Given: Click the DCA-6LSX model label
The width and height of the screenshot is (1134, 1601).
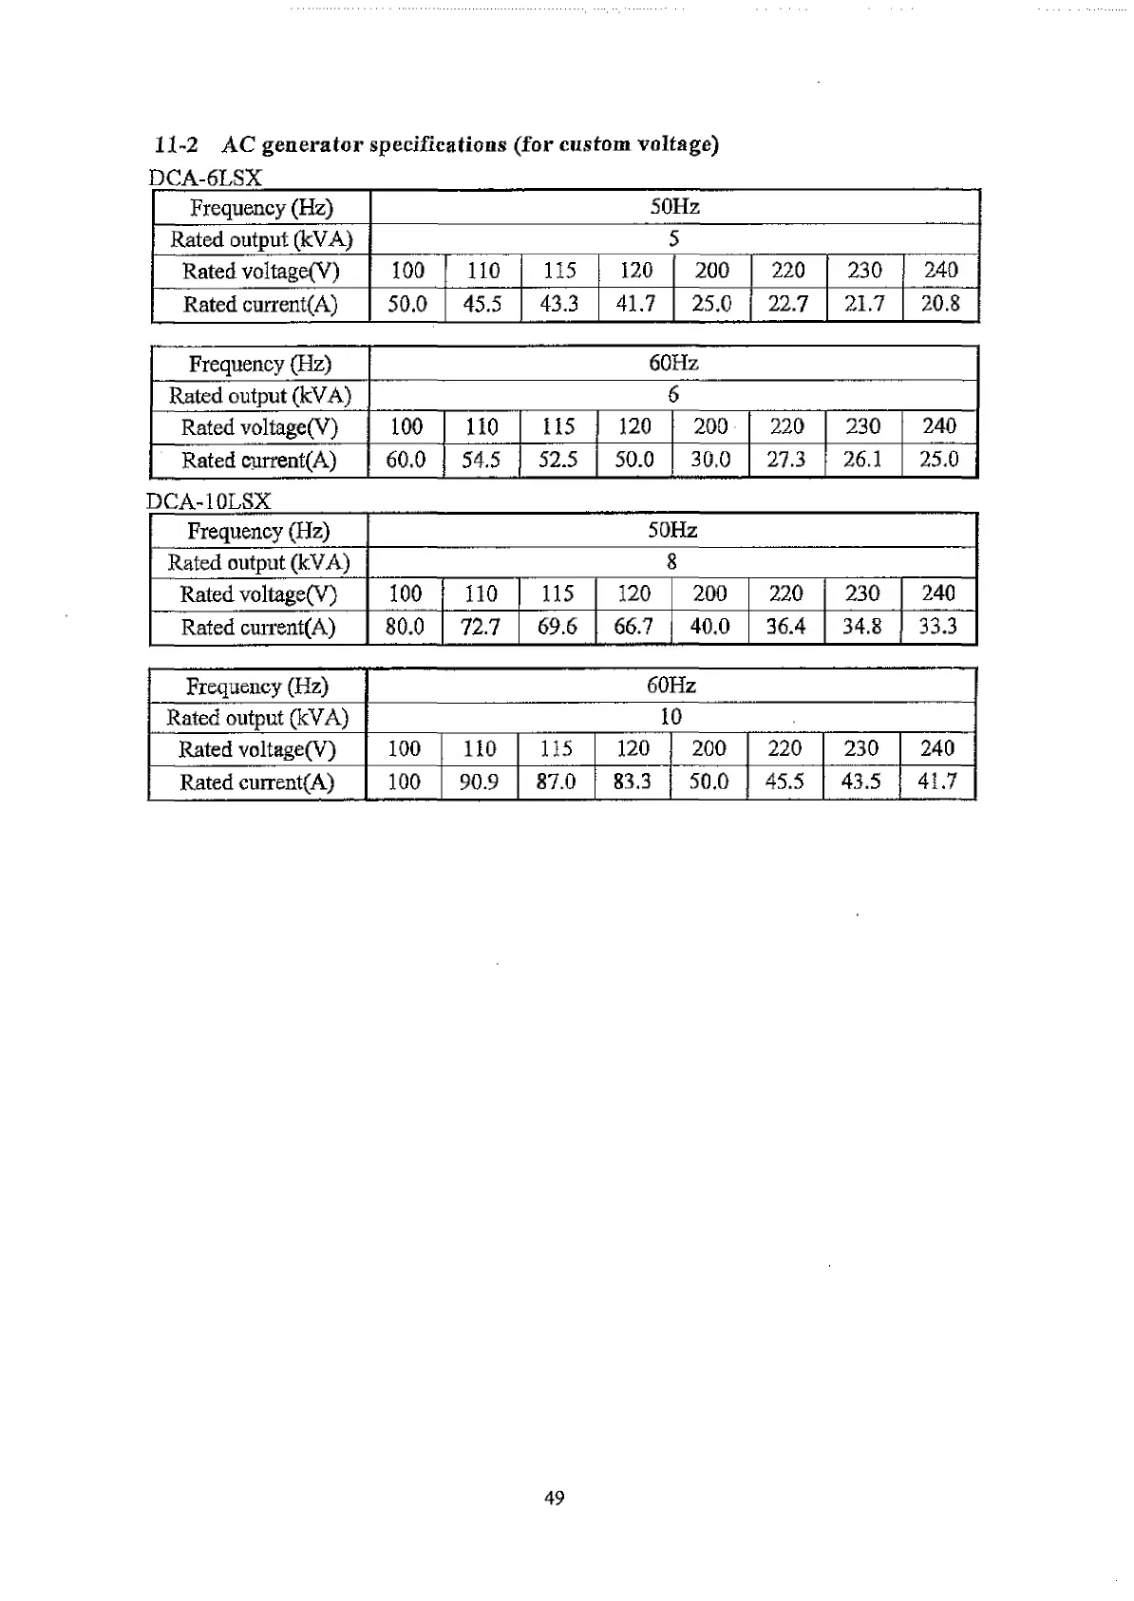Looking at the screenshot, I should [x=205, y=178].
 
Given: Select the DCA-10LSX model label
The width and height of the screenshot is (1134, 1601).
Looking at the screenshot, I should [x=210, y=500].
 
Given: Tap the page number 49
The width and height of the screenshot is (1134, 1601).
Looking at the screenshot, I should [x=555, y=1497].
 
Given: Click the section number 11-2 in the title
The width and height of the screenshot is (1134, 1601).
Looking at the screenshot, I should [x=178, y=145].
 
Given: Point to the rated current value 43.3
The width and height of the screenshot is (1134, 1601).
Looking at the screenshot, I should [x=559, y=305].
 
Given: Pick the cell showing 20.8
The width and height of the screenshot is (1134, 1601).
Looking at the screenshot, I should [x=940, y=304].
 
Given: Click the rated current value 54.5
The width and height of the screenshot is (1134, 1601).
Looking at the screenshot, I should [x=482, y=461].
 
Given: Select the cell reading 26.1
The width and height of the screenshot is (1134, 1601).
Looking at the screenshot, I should [x=862, y=460].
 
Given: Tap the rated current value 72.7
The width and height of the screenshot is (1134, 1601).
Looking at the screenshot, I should [x=481, y=627].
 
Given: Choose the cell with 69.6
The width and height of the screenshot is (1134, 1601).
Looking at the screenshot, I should [x=558, y=627].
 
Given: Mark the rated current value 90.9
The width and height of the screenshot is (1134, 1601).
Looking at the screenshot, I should [x=479, y=782].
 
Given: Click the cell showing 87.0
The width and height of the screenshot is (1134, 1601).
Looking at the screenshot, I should [x=557, y=782].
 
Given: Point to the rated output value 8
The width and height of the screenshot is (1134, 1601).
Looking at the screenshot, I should [x=672, y=562].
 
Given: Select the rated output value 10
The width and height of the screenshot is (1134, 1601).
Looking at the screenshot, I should [x=671, y=717].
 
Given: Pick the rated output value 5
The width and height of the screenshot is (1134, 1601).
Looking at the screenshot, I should [x=673, y=238].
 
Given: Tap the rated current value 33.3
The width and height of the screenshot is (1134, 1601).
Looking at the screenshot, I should [x=937, y=627].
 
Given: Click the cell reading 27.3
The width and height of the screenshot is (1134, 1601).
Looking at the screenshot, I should [x=785, y=460].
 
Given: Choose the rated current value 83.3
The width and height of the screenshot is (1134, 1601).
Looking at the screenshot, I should [x=633, y=782].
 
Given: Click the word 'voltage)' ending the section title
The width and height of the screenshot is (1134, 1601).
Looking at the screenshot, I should [x=678, y=145].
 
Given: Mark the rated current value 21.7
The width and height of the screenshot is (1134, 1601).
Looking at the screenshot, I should [x=864, y=305].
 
